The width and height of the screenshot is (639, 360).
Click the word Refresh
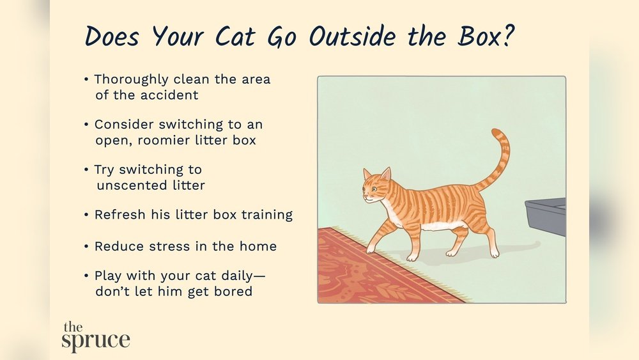pos(118,215)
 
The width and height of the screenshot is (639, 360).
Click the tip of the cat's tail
pos(495,132)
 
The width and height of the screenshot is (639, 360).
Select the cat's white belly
pos(441,226)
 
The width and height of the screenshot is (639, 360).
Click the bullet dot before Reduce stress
pos(86,246)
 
